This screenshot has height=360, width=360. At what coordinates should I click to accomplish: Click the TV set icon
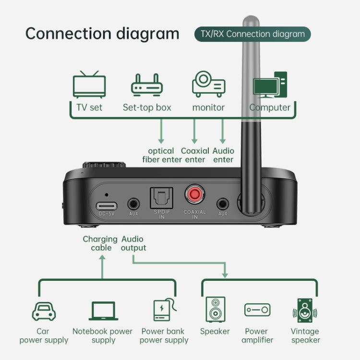[x=89, y=84]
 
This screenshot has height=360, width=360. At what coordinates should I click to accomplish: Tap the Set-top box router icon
[x=147, y=85]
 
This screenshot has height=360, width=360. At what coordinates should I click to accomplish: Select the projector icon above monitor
[x=208, y=84]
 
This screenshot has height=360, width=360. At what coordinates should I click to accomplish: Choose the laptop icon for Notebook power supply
[x=103, y=311]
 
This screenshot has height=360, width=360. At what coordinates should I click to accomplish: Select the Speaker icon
[x=215, y=310]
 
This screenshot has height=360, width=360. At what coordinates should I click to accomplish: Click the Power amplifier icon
[x=257, y=310]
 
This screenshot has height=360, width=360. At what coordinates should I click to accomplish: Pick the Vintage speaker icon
[x=305, y=310]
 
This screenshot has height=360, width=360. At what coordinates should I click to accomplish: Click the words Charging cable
[x=100, y=243]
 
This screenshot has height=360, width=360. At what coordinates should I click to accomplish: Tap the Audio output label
[x=133, y=243]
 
